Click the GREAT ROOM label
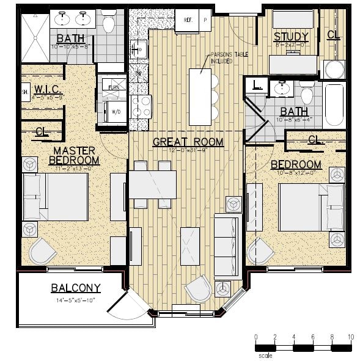188,142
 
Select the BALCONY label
76,288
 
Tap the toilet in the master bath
109,24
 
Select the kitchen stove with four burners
141,106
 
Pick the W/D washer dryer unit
114,112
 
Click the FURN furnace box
114,87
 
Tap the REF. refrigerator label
187,20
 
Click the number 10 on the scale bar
350,337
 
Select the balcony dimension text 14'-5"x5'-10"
76,300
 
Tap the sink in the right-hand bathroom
282,89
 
